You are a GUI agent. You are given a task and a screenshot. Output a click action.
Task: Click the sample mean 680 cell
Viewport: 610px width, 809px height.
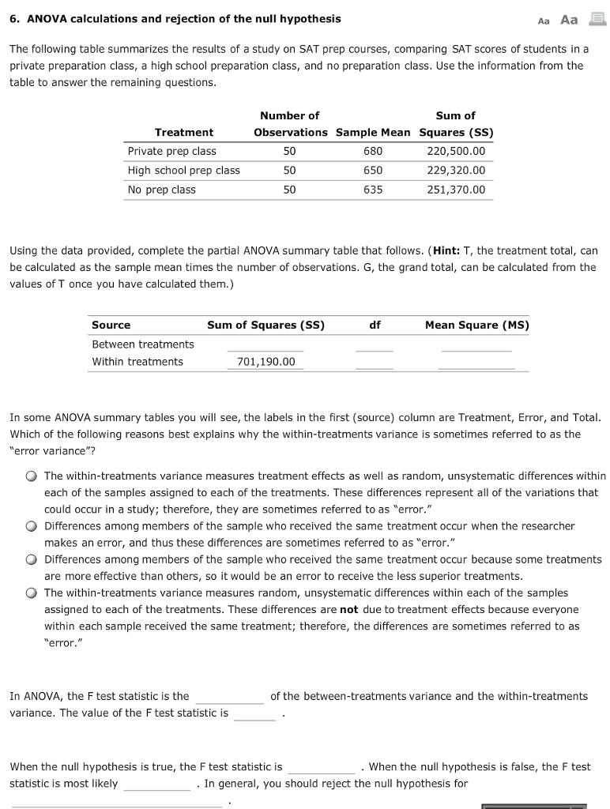[372, 151]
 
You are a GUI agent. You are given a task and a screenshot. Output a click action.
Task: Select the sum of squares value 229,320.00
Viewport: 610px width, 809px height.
[456, 170]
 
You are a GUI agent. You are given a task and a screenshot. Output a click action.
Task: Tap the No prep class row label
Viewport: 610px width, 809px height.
[161, 190]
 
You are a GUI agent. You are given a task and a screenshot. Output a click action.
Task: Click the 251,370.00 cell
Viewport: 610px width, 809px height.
[456, 190]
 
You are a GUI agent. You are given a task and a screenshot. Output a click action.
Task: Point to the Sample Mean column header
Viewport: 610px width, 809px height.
[373, 132]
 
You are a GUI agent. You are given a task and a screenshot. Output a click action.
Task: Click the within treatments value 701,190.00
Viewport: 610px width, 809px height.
[265, 362]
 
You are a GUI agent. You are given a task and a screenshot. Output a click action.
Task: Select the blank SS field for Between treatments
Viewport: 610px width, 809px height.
[265, 344]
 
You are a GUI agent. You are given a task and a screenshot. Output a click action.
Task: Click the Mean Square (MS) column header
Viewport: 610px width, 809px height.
[476, 325]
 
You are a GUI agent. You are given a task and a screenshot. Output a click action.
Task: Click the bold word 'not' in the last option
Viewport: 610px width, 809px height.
[348, 609]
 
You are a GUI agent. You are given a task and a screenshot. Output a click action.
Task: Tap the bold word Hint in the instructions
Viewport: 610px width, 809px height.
[449, 250]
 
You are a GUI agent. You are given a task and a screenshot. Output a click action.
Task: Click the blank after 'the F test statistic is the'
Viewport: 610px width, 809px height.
[229, 697]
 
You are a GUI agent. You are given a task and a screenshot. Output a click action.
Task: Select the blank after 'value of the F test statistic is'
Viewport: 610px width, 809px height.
[254, 713]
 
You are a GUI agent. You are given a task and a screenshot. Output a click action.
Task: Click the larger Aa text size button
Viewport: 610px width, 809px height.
[569, 20]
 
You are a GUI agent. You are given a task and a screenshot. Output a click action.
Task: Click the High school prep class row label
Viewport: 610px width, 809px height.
[183, 170]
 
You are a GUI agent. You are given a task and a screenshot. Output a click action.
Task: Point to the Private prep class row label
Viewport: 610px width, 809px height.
[171, 151]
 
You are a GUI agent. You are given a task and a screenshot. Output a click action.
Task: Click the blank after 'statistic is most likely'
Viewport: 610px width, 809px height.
[156, 784]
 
